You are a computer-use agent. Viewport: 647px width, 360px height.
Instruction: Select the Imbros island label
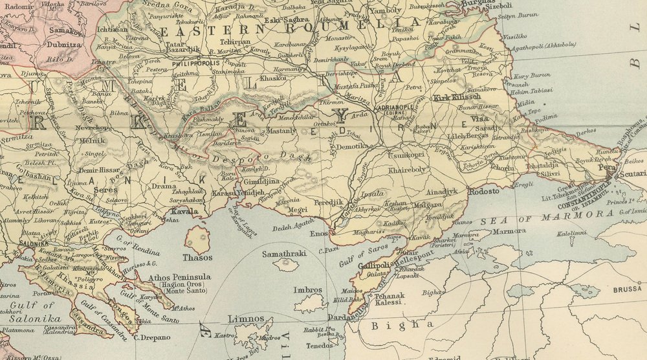click(x=307, y=290)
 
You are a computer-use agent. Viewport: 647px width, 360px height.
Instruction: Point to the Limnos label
click(x=246, y=319)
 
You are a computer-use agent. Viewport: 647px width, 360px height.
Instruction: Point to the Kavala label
click(x=185, y=212)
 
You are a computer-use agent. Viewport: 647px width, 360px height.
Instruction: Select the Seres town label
click(x=105, y=190)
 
